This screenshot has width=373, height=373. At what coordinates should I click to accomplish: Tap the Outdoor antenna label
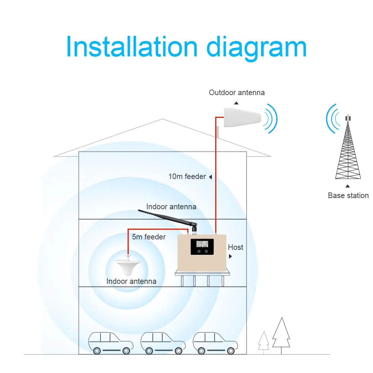236,93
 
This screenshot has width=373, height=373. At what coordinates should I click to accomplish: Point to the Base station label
348,195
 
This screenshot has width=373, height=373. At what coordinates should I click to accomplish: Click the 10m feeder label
187,176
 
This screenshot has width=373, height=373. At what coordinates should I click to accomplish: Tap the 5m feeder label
149,236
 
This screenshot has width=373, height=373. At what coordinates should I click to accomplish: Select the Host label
235,247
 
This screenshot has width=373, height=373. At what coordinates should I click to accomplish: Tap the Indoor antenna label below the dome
131,281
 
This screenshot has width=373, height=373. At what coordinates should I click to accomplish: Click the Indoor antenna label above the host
171,207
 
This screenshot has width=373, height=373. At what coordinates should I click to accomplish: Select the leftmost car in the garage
110,342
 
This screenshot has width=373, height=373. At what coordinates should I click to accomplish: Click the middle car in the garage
163,342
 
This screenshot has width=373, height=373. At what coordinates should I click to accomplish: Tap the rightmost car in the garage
215,342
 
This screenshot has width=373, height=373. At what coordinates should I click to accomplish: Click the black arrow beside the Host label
230,257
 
